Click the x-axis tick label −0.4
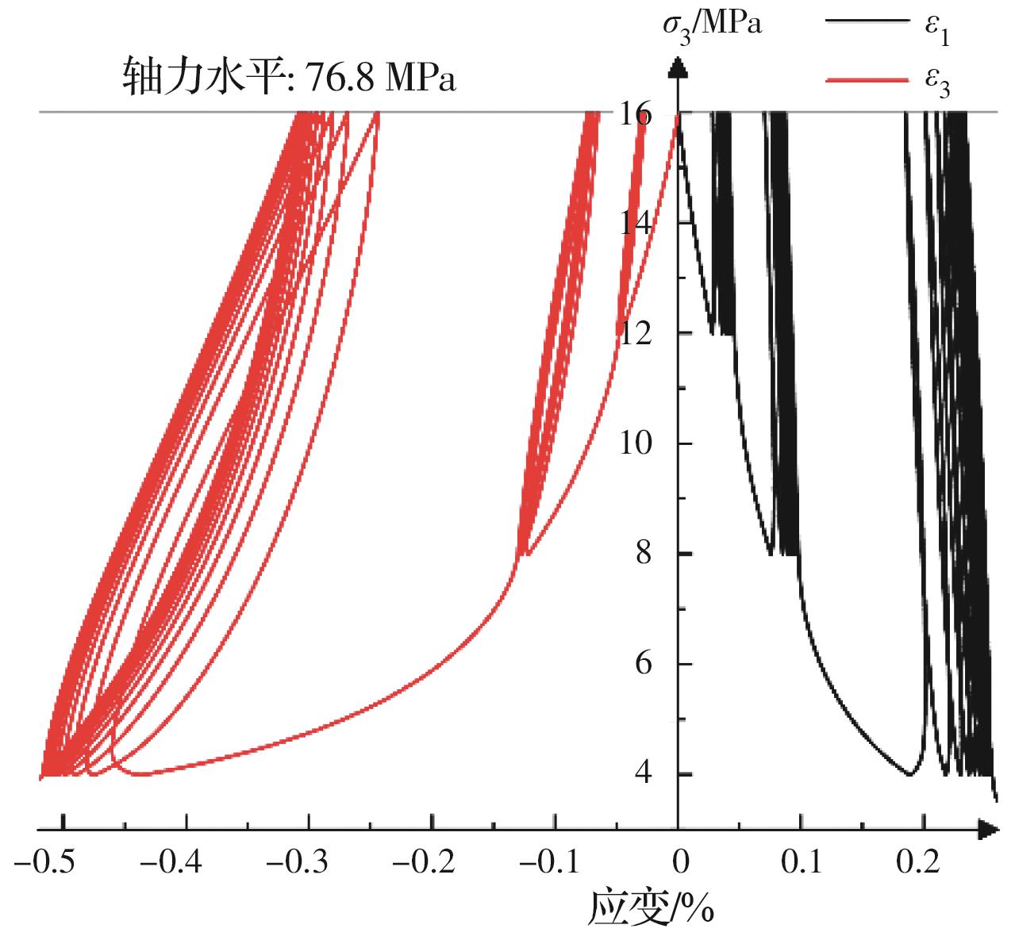pyautogui.click(x=186, y=862)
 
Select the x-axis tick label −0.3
pyautogui.click(x=309, y=862)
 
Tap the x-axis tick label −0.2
pyautogui.click(x=432, y=862)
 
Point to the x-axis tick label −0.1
pyautogui.click(x=555, y=862)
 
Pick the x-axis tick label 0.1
pyautogui.click(x=801, y=862)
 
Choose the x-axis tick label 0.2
pyautogui.click(x=924, y=862)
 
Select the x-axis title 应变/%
pyautogui.click(x=651, y=909)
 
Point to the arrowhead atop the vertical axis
pyautogui.click(x=678, y=65)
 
